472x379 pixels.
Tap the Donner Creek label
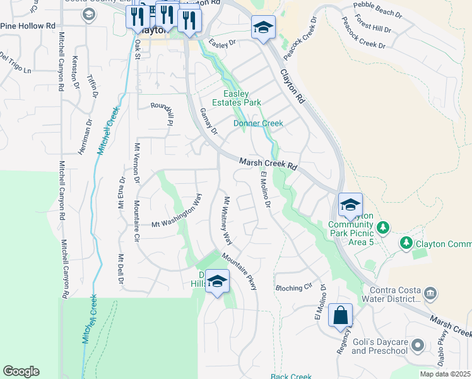258,123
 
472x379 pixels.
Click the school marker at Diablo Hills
217,282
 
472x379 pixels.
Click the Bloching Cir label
294,287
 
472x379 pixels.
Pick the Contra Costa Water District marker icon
430,292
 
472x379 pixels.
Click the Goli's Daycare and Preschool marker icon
416,345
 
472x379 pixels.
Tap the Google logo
21,371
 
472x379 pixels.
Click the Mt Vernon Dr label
136,163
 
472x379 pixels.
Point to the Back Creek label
291,376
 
